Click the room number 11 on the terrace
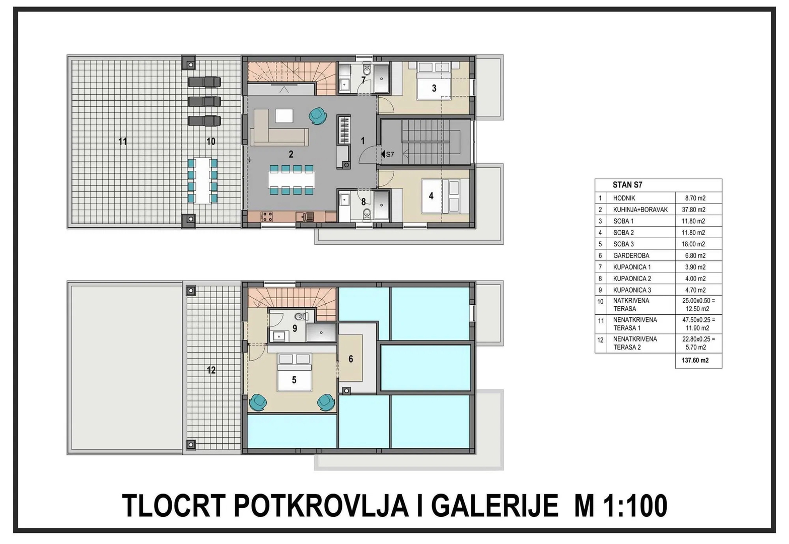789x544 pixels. pyautogui.click(x=122, y=142)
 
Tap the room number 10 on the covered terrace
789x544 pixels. pyautogui.click(x=210, y=142)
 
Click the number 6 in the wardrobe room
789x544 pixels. pyautogui.click(x=351, y=359)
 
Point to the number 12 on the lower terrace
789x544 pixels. pyautogui.click(x=211, y=370)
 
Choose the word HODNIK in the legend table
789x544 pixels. pyautogui.click(x=624, y=198)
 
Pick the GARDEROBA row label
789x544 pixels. pyautogui.click(x=631, y=256)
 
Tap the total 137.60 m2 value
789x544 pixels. pyautogui.click(x=695, y=361)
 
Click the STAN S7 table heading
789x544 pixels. pyautogui.click(x=627, y=185)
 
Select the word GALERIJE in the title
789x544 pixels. pyautogui.click(x=494, y=506)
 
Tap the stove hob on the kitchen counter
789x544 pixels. pyautogui.click(x=266, y=216)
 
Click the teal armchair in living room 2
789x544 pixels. pyautogui.click(x=317, y=115)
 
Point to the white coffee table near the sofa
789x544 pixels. pyautogui.click(x=284, y=115)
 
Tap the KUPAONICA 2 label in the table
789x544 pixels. pyautogui.click(x=632, y=279)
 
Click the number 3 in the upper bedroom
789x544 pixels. pyautogui.click(x=434, y=89)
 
